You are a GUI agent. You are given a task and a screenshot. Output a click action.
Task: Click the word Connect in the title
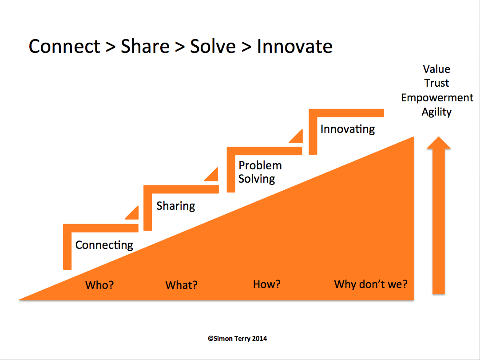pyautogui.click(x=64, y=47)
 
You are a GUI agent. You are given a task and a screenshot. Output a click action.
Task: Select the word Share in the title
pyautogui.click(x=145, y=47)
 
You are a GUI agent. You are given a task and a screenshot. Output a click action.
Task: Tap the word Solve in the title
pyautogui.click(x=213, y=47)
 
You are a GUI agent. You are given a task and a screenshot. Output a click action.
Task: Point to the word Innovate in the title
pyautogui.click(x=294, y=47)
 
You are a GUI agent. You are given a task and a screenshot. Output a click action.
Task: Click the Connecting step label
pyautogui.click(x=104, y=245)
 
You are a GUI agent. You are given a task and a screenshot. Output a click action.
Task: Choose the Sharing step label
pyautogui.click(x=176, y=206)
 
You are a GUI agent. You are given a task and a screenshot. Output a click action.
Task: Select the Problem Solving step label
pyautogui.click(x=260, y=172)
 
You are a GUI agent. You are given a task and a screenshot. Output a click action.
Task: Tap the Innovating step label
pyautogui.click(x=347, y=129)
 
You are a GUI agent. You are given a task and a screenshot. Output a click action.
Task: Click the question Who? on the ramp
pyautogui.click(x=99, y=285)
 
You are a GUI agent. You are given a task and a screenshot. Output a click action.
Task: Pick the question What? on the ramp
pyautogui.click(x=181, y=285)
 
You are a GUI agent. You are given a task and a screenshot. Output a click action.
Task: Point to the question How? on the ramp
pyautogui.click(x=266, y=284)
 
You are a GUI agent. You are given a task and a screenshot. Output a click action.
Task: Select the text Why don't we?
pyautogui.click(x=371, y=284)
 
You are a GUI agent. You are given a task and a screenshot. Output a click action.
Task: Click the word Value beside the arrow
pyautogui.click(x=436, y=69)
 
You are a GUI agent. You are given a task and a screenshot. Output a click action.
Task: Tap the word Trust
pyautogui.click(x=436, y=83)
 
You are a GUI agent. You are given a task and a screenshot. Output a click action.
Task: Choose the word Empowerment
pyautogui.click(x=437, y=98)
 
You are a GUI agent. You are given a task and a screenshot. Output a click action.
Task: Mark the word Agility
pyautogui.click(x=436, y=112)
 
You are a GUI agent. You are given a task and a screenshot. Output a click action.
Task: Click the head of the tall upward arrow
pyautogui.click(x=439, y=143)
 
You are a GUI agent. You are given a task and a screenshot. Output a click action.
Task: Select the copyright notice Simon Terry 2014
pyautogui.click(x=237, y=339)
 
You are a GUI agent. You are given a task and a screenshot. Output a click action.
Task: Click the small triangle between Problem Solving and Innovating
pyautogui.click(x=298, y=137)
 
